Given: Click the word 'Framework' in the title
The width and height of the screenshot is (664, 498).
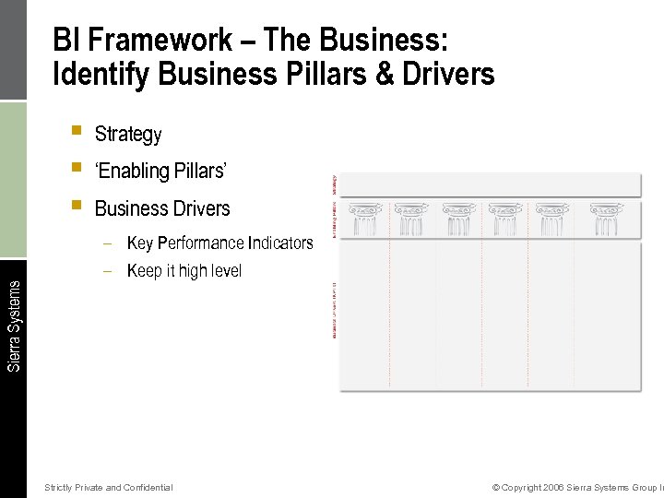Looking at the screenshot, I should coord(169,41).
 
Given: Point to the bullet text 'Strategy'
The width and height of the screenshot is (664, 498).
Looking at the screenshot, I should coord(128,135).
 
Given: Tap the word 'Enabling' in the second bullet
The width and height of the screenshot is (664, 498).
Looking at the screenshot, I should coord(136,172).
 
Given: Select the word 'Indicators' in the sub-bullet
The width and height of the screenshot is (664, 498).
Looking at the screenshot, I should coord(280,243).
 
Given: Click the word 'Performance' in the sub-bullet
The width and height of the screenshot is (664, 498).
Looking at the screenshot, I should coord(202,243).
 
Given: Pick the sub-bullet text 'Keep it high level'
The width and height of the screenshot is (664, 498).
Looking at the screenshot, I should coord(184,271).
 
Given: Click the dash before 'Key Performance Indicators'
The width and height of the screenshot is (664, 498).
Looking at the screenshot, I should coord(108,243).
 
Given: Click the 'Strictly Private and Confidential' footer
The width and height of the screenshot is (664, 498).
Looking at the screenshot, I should coord(109,487).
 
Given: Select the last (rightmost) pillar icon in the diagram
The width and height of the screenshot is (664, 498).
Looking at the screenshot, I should coord(606,220).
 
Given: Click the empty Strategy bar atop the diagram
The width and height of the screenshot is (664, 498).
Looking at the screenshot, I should coord(490,184).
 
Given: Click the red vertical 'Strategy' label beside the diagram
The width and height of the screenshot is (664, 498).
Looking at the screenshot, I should coord(333,184).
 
